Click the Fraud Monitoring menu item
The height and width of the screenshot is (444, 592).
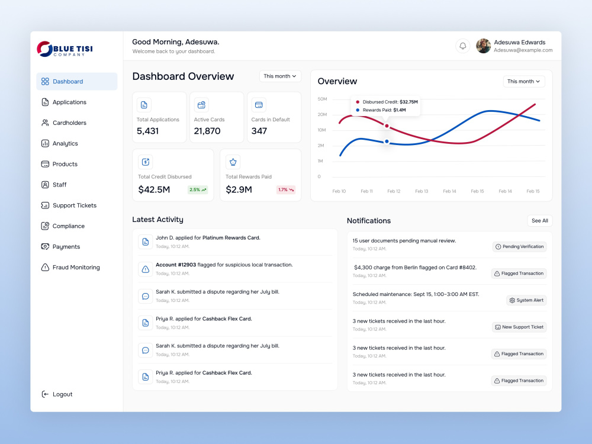(70, 268)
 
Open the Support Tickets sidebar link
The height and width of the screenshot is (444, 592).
(69, 205)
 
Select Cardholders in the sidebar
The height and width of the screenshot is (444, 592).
(64, 123)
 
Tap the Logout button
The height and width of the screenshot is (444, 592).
(57, 394)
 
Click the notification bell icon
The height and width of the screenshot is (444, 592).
(462, 46)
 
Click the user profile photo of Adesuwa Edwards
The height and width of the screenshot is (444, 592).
(483, 46)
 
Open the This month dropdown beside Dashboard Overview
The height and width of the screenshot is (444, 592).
(280, 76)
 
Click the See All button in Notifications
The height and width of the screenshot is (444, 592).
(540, 221)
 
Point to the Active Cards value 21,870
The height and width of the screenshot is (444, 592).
(207, 131)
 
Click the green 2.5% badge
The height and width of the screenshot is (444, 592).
(198, 189)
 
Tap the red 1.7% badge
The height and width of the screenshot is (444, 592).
(286, 189)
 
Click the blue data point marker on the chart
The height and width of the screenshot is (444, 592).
(387, 141)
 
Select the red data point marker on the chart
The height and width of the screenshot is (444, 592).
(387, 126)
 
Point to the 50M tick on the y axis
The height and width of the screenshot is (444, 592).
(322, 99)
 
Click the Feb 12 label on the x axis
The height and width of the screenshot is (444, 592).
(394, 191)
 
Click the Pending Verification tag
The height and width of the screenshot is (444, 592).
(520, 247)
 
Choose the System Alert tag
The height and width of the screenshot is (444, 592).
(526, 301)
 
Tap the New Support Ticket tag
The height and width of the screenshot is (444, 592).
(519, 327)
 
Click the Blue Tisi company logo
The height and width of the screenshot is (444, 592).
(65, 49)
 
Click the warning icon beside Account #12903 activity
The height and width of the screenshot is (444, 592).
(146, 269)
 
